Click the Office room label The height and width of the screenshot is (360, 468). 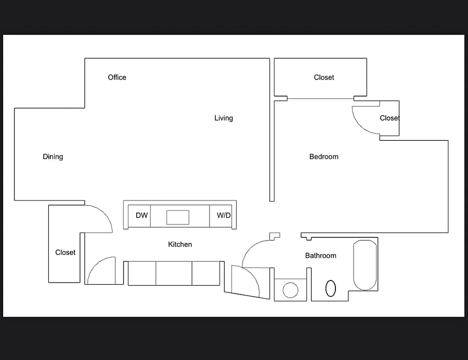(x=117, y=77)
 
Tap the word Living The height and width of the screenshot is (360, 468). (x=224, y=118)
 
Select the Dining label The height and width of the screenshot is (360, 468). (x=53, y=157)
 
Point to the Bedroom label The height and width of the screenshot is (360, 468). (x=324, y=156)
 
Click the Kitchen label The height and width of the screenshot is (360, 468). (x=180, y=244)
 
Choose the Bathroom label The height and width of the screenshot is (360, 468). (x=320, y=256)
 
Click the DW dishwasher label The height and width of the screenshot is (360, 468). (x=142, y=216)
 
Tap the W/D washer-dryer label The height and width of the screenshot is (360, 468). (x=224, y=216)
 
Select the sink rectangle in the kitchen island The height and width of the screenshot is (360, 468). (x=178, y=217)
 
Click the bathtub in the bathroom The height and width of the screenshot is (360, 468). (x=365, y=265)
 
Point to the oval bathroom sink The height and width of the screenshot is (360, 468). (x=330, y=288)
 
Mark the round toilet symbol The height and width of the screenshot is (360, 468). (x=290, y=290)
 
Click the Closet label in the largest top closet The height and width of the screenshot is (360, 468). (x=324, y=77)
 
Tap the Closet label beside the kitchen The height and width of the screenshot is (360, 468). (x=66, y=252)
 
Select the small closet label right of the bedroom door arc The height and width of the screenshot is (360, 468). (x=390, y=118)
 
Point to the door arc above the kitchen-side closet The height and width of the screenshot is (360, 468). (x=105, y=213)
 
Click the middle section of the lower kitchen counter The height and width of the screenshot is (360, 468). (x=174, y=273)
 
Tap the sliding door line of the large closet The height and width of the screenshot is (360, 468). (x=320, y=98)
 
